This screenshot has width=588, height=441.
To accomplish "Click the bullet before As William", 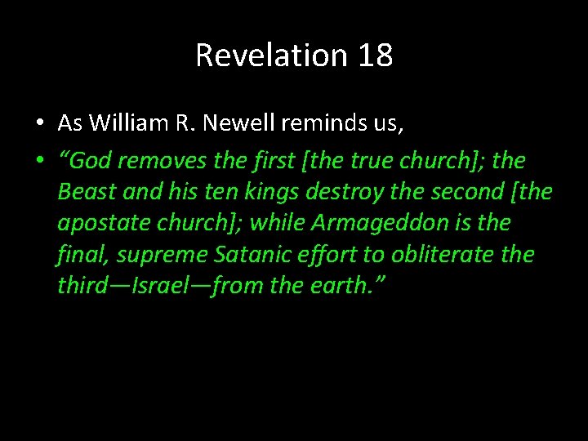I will (39, 124).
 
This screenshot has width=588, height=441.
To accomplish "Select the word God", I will (93, 162).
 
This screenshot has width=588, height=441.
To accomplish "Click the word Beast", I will (84, 193).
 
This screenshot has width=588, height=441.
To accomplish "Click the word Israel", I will (174, 286).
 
